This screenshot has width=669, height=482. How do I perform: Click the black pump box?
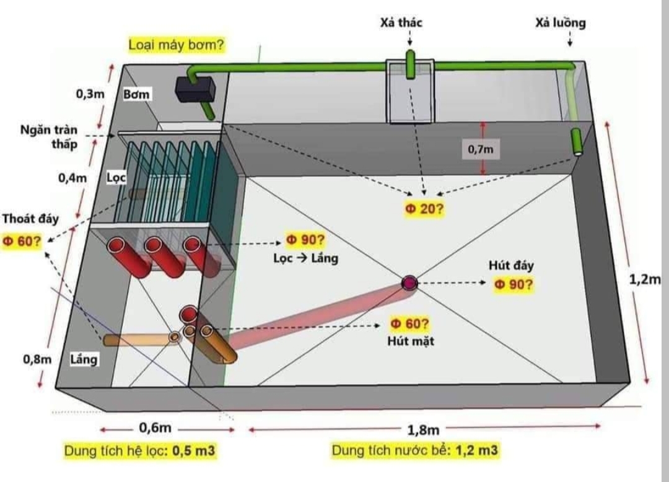pyautogui.click(x=195, y=89)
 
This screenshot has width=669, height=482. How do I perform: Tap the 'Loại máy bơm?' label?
pyautogui.click(x=176, y=45)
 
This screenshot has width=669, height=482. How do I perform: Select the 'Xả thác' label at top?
pyautogui.click(x=401, y=23)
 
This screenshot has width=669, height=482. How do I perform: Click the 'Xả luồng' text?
pyautogui.click(x=561, y=23)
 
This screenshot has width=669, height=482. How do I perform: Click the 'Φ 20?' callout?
pyautogui.click(x=424, y=209)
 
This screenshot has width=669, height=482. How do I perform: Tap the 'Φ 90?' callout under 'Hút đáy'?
pyautogui.click(x=514, y=284)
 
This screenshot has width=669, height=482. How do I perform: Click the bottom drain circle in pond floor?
pyautogui.click(x=409, y=283)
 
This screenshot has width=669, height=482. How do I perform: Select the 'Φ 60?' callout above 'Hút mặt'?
pyautogui.click(x=409, y=323)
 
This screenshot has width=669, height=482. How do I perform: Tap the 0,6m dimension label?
pyautogui.click(x=154, y=428)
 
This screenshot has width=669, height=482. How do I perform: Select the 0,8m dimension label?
pyautogui.click(x=37, y=359)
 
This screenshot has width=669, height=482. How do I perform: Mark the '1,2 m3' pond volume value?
pyautogui.click(x=476, y=450)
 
